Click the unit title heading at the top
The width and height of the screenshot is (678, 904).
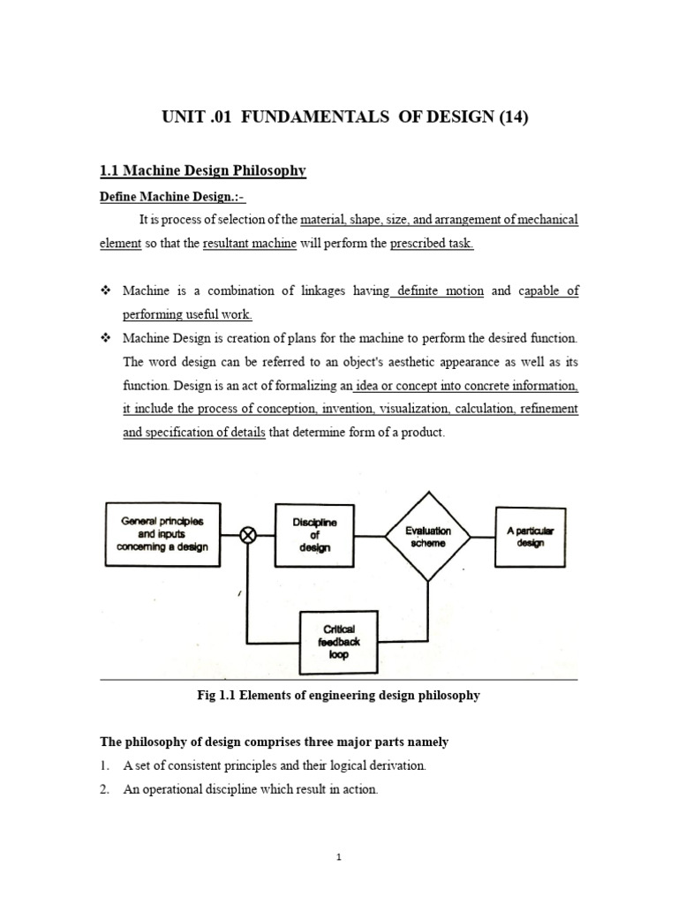338,118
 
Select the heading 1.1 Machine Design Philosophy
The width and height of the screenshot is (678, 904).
202,171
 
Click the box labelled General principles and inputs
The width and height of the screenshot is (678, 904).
162,533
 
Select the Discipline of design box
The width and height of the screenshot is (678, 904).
315,534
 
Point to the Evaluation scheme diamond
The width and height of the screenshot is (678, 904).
427,536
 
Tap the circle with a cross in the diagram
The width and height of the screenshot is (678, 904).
248,535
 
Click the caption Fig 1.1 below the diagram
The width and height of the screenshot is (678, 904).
338,695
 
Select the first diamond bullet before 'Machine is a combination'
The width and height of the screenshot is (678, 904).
104,290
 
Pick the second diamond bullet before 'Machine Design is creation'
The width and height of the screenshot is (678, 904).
104,338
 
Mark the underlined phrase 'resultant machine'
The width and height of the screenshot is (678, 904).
249,244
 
